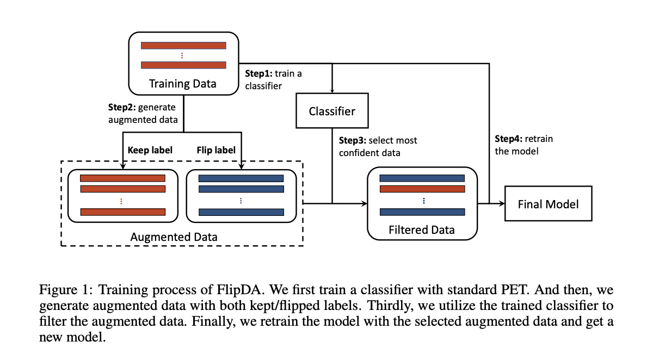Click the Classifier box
point(332,111)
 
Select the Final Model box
point(549,203)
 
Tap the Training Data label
point(182,84)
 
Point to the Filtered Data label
point(422,230)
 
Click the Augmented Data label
point(174,237)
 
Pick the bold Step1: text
point(258,73)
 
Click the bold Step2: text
point(122,107)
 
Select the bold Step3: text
point(353,140)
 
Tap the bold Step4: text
point(508,139)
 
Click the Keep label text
point(150,150)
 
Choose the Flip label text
point(216,150)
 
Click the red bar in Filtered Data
point(422,189)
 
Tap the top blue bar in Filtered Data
point(422,178)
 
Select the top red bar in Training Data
point(183,46)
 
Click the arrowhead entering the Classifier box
point(332,91)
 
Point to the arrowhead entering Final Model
point(502,203)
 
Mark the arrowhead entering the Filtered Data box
point(364,203)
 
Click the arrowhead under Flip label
point(242,166)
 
